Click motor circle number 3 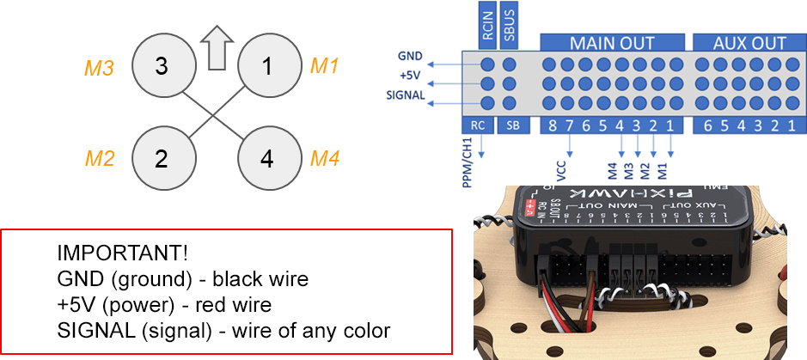pyautogui.click(x=162, y=66)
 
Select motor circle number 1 pyautogui.click(x=267, y=66)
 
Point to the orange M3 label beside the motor pyautogui.click(x=99, y=67)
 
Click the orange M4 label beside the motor pyautogui.click(x=324, y=158)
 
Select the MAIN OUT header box pyautogui.click(x=612, y=42)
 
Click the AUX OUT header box pyautogui.click(x=749, y=42)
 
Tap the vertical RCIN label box pyautogui.click(x=486, y=24)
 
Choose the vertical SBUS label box pyautogui.click(x=510, y=24)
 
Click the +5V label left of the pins pyautogui.click(x=411, y=76)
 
